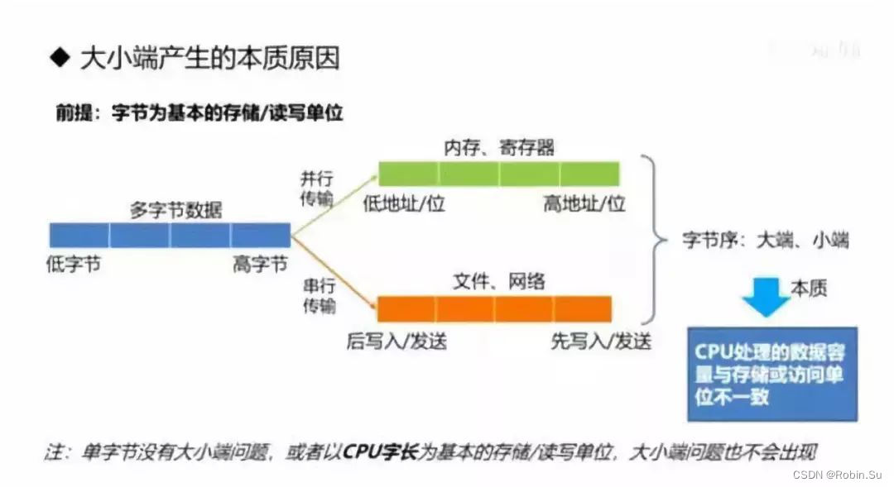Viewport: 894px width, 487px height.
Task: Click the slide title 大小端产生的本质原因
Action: click(x=209, y=58)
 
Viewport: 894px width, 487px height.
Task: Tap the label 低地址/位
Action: click(x=404, y=203)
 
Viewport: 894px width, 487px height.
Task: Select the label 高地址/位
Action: click(x=584, y=203)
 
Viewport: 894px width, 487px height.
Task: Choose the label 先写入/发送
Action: click(x=601, y=339)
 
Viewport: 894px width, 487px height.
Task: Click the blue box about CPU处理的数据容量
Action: click(x=772, y=374)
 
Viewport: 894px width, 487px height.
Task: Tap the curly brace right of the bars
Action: click(x=656, y=240)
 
